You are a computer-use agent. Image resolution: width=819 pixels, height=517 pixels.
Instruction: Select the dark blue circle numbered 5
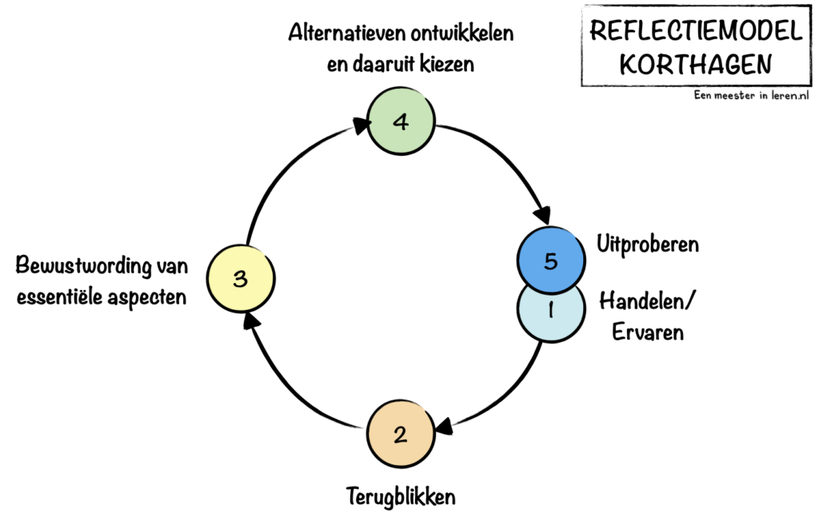point(550,261)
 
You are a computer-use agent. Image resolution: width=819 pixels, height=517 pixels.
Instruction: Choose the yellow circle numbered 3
point(241,279)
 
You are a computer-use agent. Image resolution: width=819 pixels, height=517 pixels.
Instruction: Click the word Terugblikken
point(401,496)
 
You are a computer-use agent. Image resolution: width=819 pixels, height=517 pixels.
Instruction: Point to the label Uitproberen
point(648,245)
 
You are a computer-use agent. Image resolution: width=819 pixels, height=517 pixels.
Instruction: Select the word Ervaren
point(648,331)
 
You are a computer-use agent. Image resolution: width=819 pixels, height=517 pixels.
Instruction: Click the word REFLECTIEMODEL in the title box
point(695,31)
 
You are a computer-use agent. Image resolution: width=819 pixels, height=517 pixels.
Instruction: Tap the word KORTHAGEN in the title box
point(695,62)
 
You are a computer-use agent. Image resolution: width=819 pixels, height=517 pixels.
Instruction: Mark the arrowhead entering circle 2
point(441,427)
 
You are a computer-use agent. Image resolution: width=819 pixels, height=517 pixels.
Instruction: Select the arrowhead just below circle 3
point(250,320)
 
